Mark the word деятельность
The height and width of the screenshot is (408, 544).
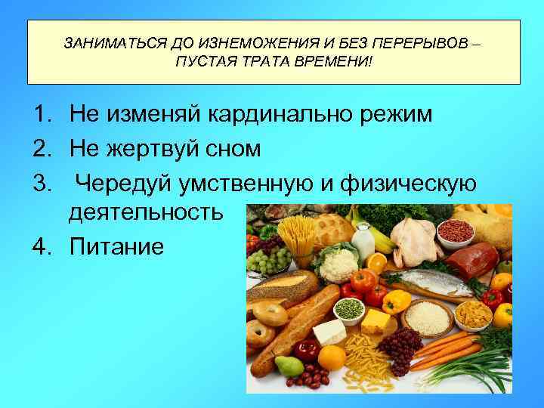pyautogui.click(x=146, y=212)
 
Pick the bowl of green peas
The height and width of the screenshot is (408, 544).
pyautogui.click(x=349, y=308)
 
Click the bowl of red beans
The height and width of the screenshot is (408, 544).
pyautogui.click(x=455, y=230)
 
